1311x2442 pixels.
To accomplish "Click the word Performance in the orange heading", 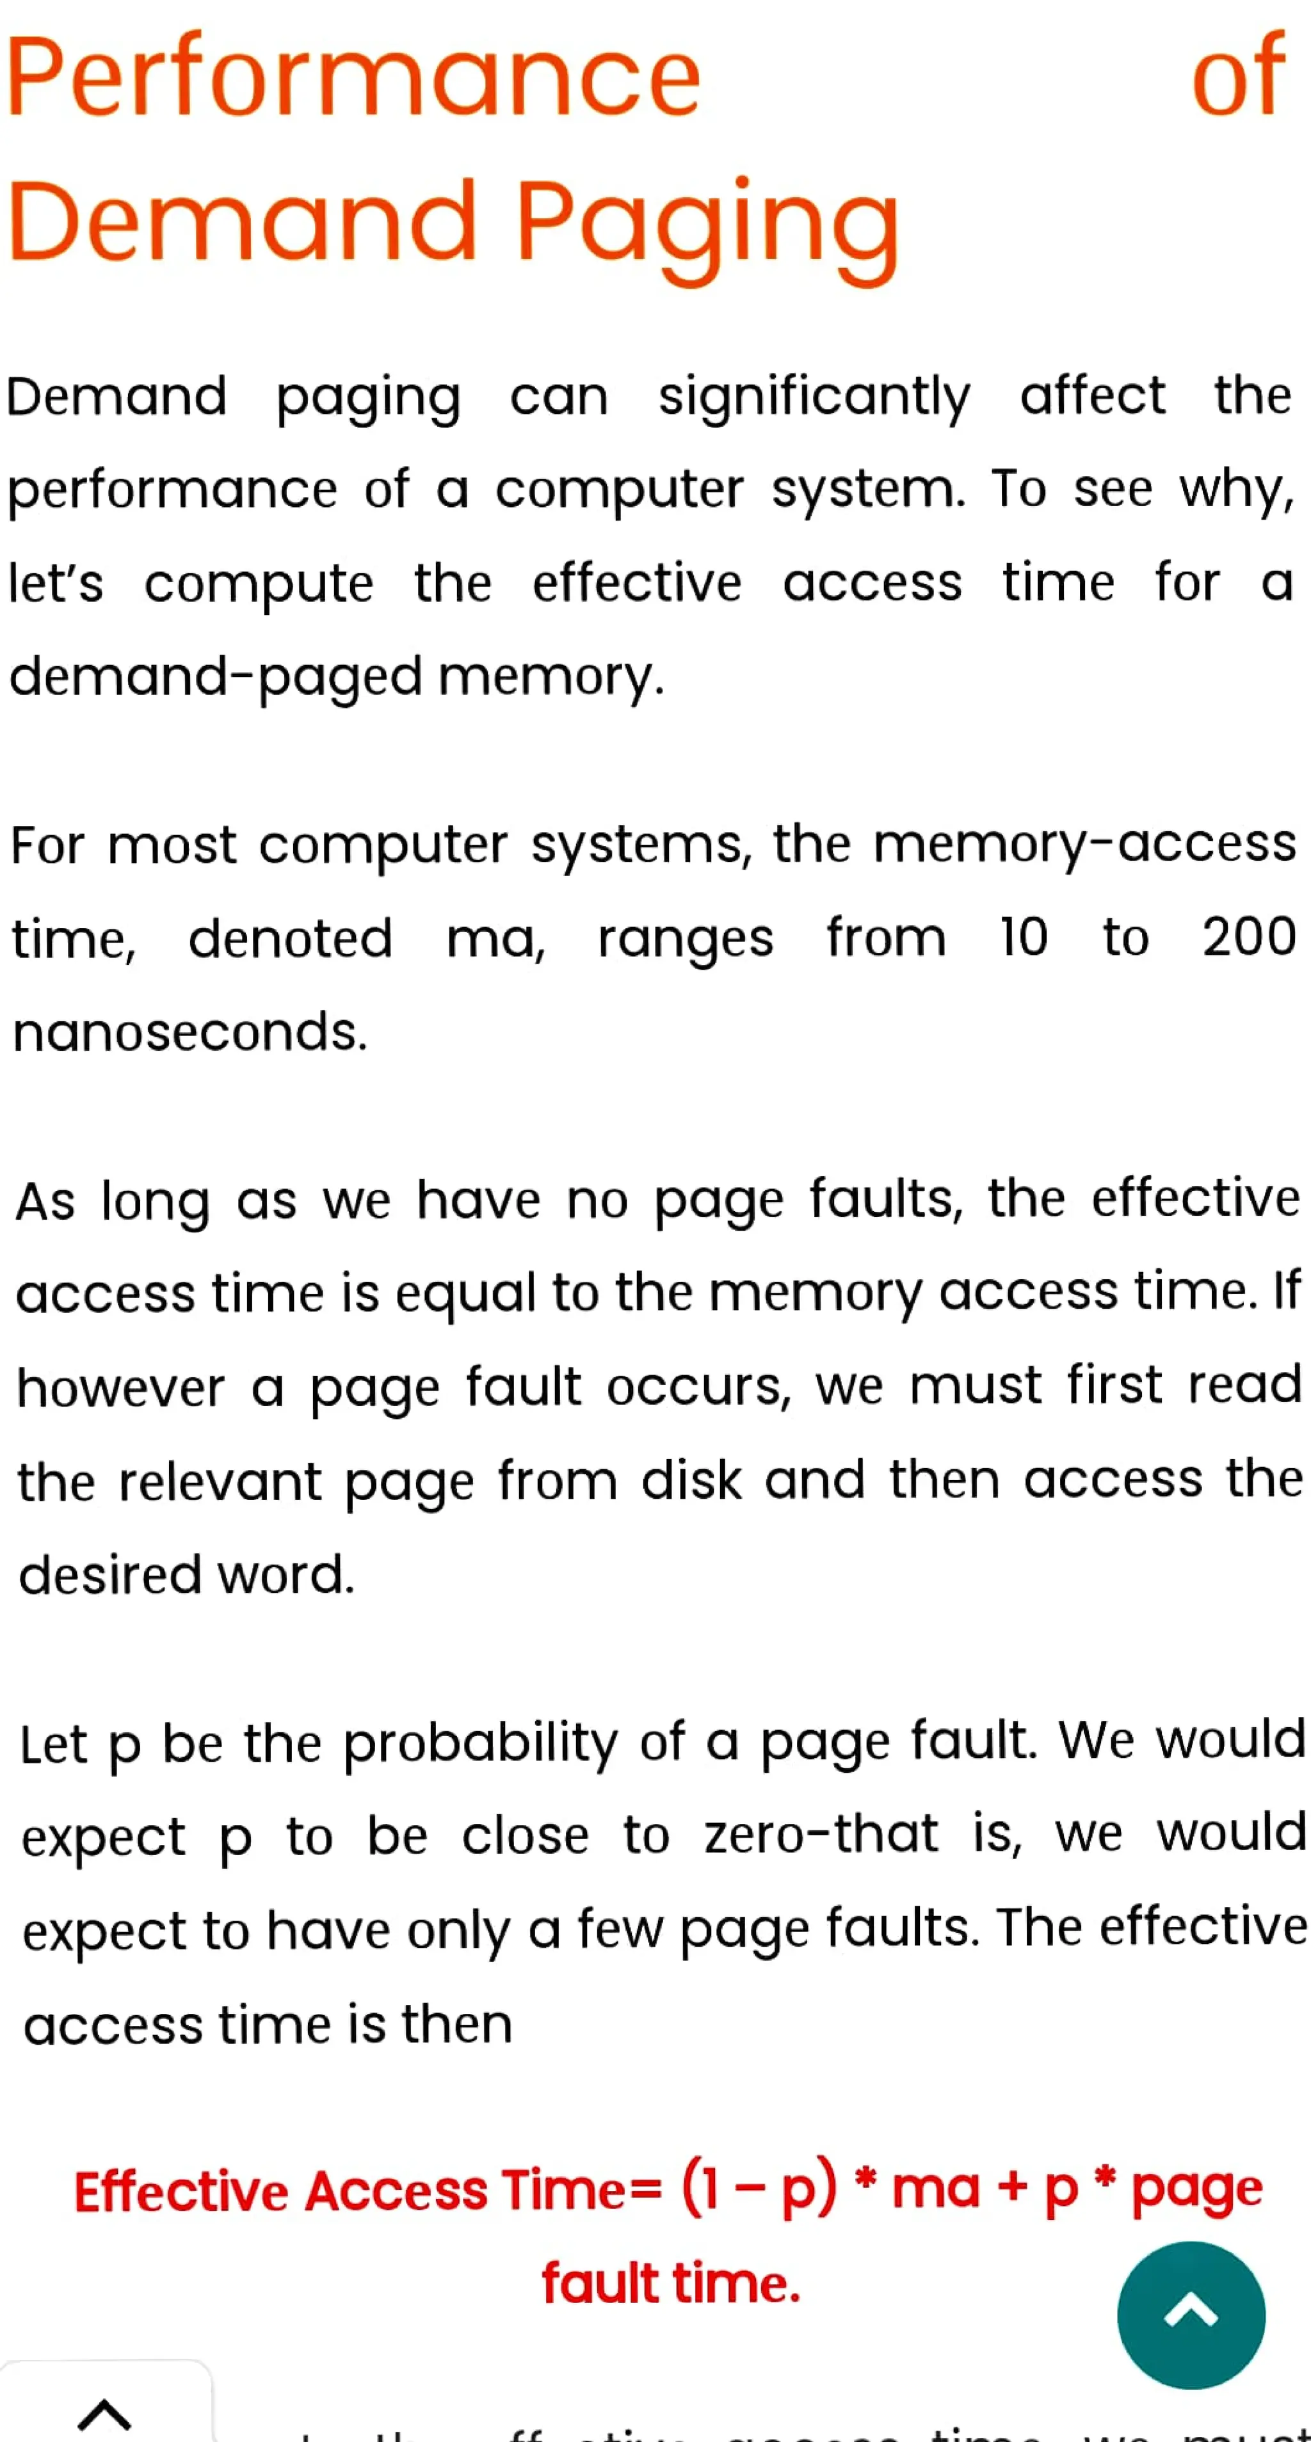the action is [x=353, y=77].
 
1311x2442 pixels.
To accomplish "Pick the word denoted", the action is [x=290, y=939].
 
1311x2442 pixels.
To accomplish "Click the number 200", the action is [x=1248, y=938].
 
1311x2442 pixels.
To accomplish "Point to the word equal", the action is [x=465, y=1294].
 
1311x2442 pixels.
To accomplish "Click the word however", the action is [x=122, y=1389].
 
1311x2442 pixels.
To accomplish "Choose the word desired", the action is [x=110, y=1576].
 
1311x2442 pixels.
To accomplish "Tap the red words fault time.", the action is [x=671, y=2284].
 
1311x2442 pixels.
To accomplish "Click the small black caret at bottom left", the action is [x=104, y=2414].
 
